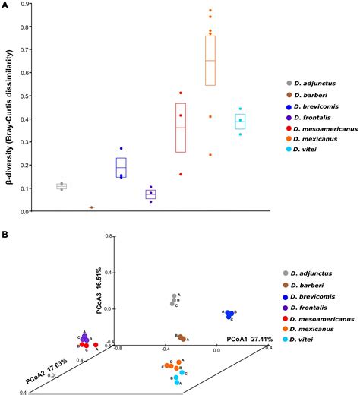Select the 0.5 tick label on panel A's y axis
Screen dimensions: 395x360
click(x=26, y=96)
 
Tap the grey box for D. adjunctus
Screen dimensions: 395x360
click(x=62, y=186)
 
